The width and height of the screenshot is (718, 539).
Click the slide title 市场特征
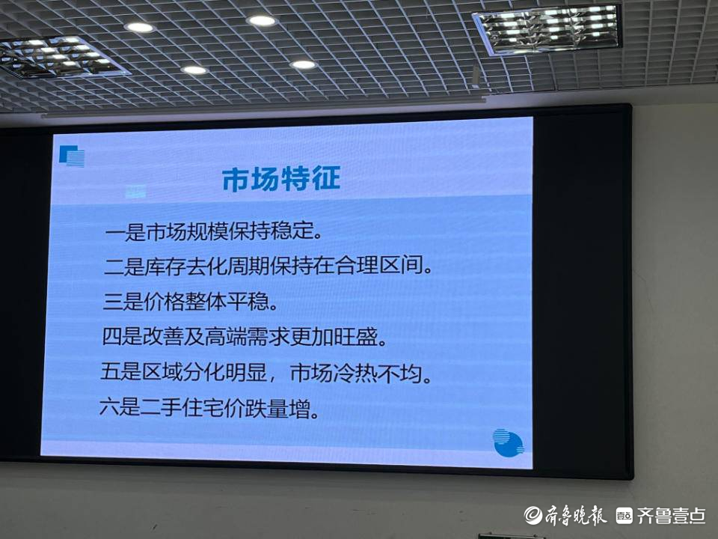pyautogui.click(x=281, y=179)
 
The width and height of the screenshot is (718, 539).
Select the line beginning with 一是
pyautogui.click(x=213, y=231)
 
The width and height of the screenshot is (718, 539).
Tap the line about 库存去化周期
pyautogui.click(x=268, y=267)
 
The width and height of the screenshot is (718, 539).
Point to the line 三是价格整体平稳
pyautogui.click(x=190, y=302)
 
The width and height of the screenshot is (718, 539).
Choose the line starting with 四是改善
pyautogui.click(x=245, y=337)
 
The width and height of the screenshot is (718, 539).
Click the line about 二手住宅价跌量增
pyautogui.click(x=209, y=407)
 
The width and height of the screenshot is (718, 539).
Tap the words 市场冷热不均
pyautogui.click(x=361, y=373)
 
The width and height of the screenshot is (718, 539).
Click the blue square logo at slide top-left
pyautogui.click(x=72, y=156)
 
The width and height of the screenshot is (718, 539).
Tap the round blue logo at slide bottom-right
pyautogui.click(x=508, y=442)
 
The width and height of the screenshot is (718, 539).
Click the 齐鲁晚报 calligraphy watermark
pyautogui.click(x=574, y=515)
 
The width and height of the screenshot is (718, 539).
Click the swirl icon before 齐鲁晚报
pyautogui.click(x=533, y=515)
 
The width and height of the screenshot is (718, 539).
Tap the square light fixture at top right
pyautogui.click(x=547, y=28)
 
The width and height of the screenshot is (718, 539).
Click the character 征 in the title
pyautogui.click(x=326, y=178)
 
